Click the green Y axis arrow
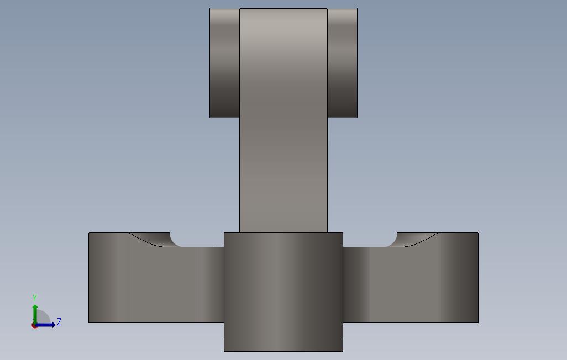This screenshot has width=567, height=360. pos(35,312)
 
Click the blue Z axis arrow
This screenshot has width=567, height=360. pos(46,325)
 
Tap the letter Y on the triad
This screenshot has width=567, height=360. pos(35,298)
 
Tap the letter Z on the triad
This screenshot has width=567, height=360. pos(59,322)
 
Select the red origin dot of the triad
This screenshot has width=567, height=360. pos(34,325)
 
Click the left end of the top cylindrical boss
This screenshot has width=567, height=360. pos(224,62)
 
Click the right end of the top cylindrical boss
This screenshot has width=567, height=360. pos(342,62)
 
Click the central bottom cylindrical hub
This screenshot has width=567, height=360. pos(283,287)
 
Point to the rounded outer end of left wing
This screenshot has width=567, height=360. pos(108,278)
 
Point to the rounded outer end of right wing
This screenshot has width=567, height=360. pos(458,278)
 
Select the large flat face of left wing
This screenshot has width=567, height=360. pos(162,284)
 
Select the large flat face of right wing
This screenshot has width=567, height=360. pos(404,284)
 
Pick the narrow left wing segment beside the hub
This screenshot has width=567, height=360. pos(210,284)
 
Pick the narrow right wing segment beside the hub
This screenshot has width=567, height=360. pos(357,284)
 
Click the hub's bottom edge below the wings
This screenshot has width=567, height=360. pos(283,351)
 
